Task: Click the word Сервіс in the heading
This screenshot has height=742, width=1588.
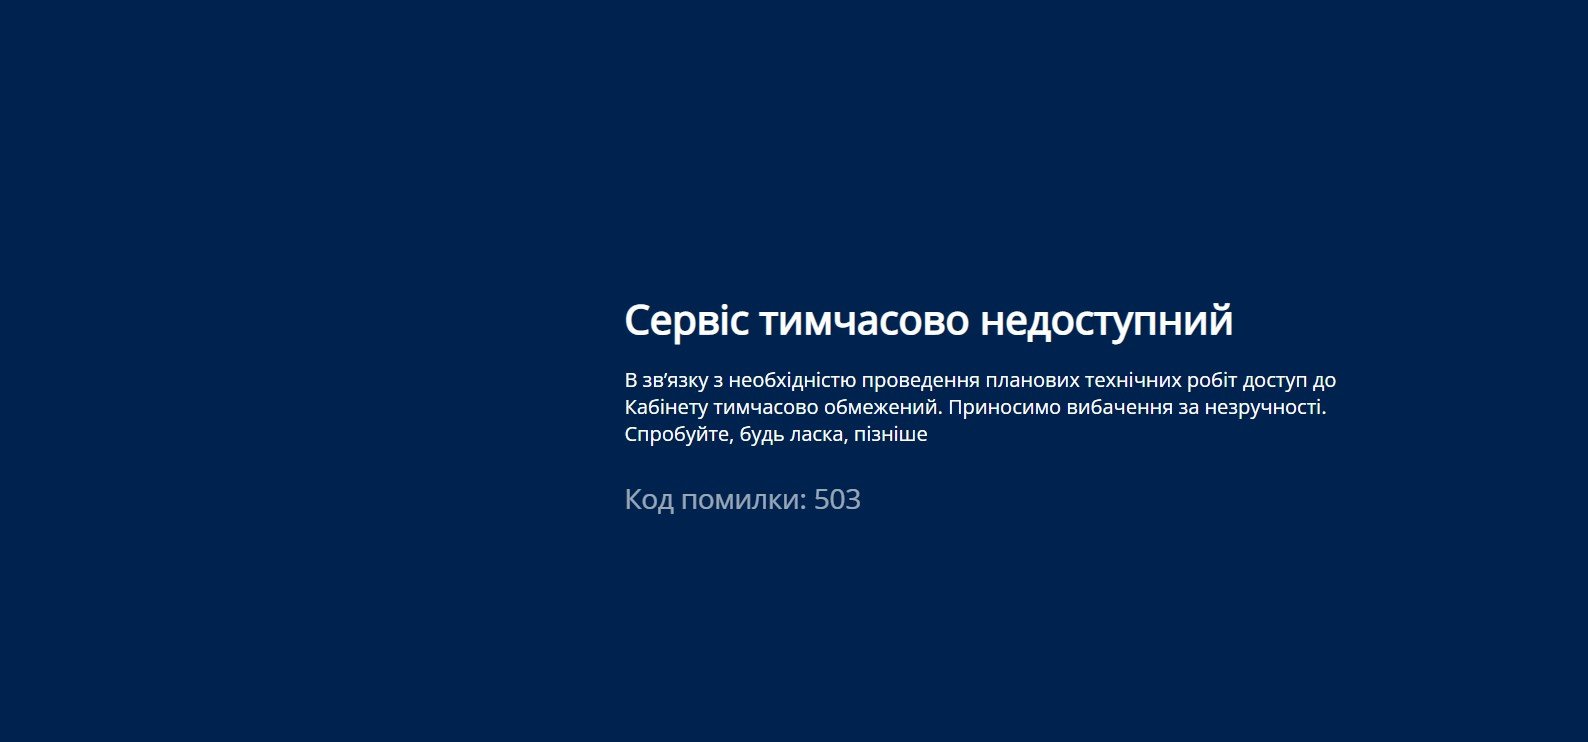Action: (686, 321)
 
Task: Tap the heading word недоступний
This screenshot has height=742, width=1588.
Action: (1107, 321)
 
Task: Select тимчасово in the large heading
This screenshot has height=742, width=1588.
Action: (864, 321)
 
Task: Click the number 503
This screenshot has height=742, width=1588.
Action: (837, 500)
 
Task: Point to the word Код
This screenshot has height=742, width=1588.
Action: (649, 500)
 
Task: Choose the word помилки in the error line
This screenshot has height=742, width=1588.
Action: (744, 500)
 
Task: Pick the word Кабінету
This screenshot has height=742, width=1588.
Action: (666, 407)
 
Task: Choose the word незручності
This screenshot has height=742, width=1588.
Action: (1265, 407)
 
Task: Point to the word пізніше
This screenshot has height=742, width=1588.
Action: (890, 434)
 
